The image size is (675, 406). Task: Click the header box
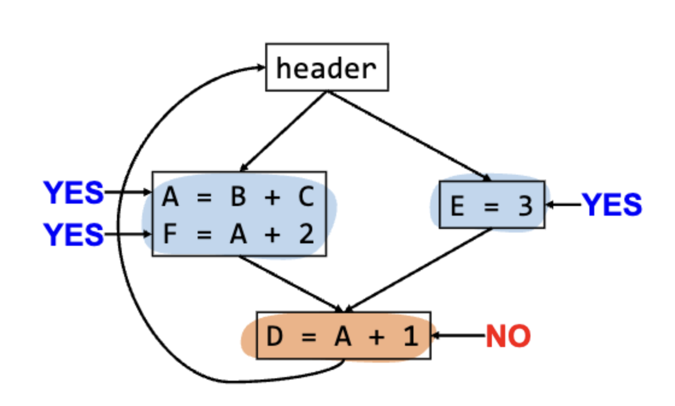click(327, 67)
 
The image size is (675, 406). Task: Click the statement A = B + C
click(238, 197)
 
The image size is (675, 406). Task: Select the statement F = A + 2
click(238, 234)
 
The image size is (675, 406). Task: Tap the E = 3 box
click(492, 205)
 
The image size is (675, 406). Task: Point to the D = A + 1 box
click(344, 336)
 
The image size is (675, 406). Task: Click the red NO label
click(508, 336)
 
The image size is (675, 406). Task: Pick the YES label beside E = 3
click(612, 205)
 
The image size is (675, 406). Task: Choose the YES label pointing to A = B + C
click(74, 192)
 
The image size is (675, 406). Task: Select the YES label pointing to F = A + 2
click(74, 234)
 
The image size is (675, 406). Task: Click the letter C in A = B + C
click(306, 197)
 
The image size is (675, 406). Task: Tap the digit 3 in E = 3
click(525, 205)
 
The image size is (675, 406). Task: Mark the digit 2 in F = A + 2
click(306, 234)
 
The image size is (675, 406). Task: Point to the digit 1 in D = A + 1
click(410, 336)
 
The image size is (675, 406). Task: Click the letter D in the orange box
click(275, 336)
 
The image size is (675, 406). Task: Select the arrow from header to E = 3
click(409, 136)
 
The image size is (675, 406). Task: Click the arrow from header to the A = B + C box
click(283, 131)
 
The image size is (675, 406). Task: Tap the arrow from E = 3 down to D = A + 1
click(418, 270)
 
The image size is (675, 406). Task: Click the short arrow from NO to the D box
click(459, 336)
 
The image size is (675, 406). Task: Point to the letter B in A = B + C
click(238, 197)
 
